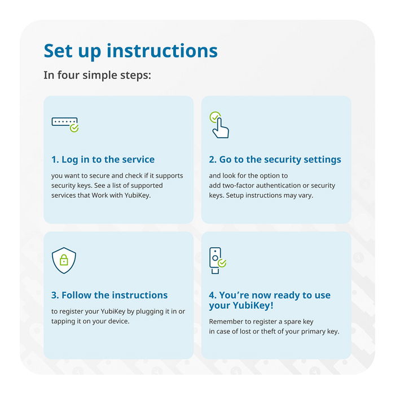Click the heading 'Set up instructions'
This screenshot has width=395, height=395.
pos(130,51)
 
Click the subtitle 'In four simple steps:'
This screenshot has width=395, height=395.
pos(97,75)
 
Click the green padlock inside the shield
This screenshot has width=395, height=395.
pos(64,260)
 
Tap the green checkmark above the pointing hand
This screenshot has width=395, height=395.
pos(215,117)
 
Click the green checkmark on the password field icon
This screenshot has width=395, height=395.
pos(74,128)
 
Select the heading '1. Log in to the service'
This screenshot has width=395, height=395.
pos(103,160)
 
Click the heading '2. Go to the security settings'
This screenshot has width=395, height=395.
pos(275,160)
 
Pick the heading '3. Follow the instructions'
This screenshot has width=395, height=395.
pos(109,295)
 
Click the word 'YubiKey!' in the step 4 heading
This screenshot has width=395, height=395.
pos(253,305)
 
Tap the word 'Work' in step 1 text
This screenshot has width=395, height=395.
pos(100,195)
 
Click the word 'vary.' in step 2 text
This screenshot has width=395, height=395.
pos(306,195)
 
